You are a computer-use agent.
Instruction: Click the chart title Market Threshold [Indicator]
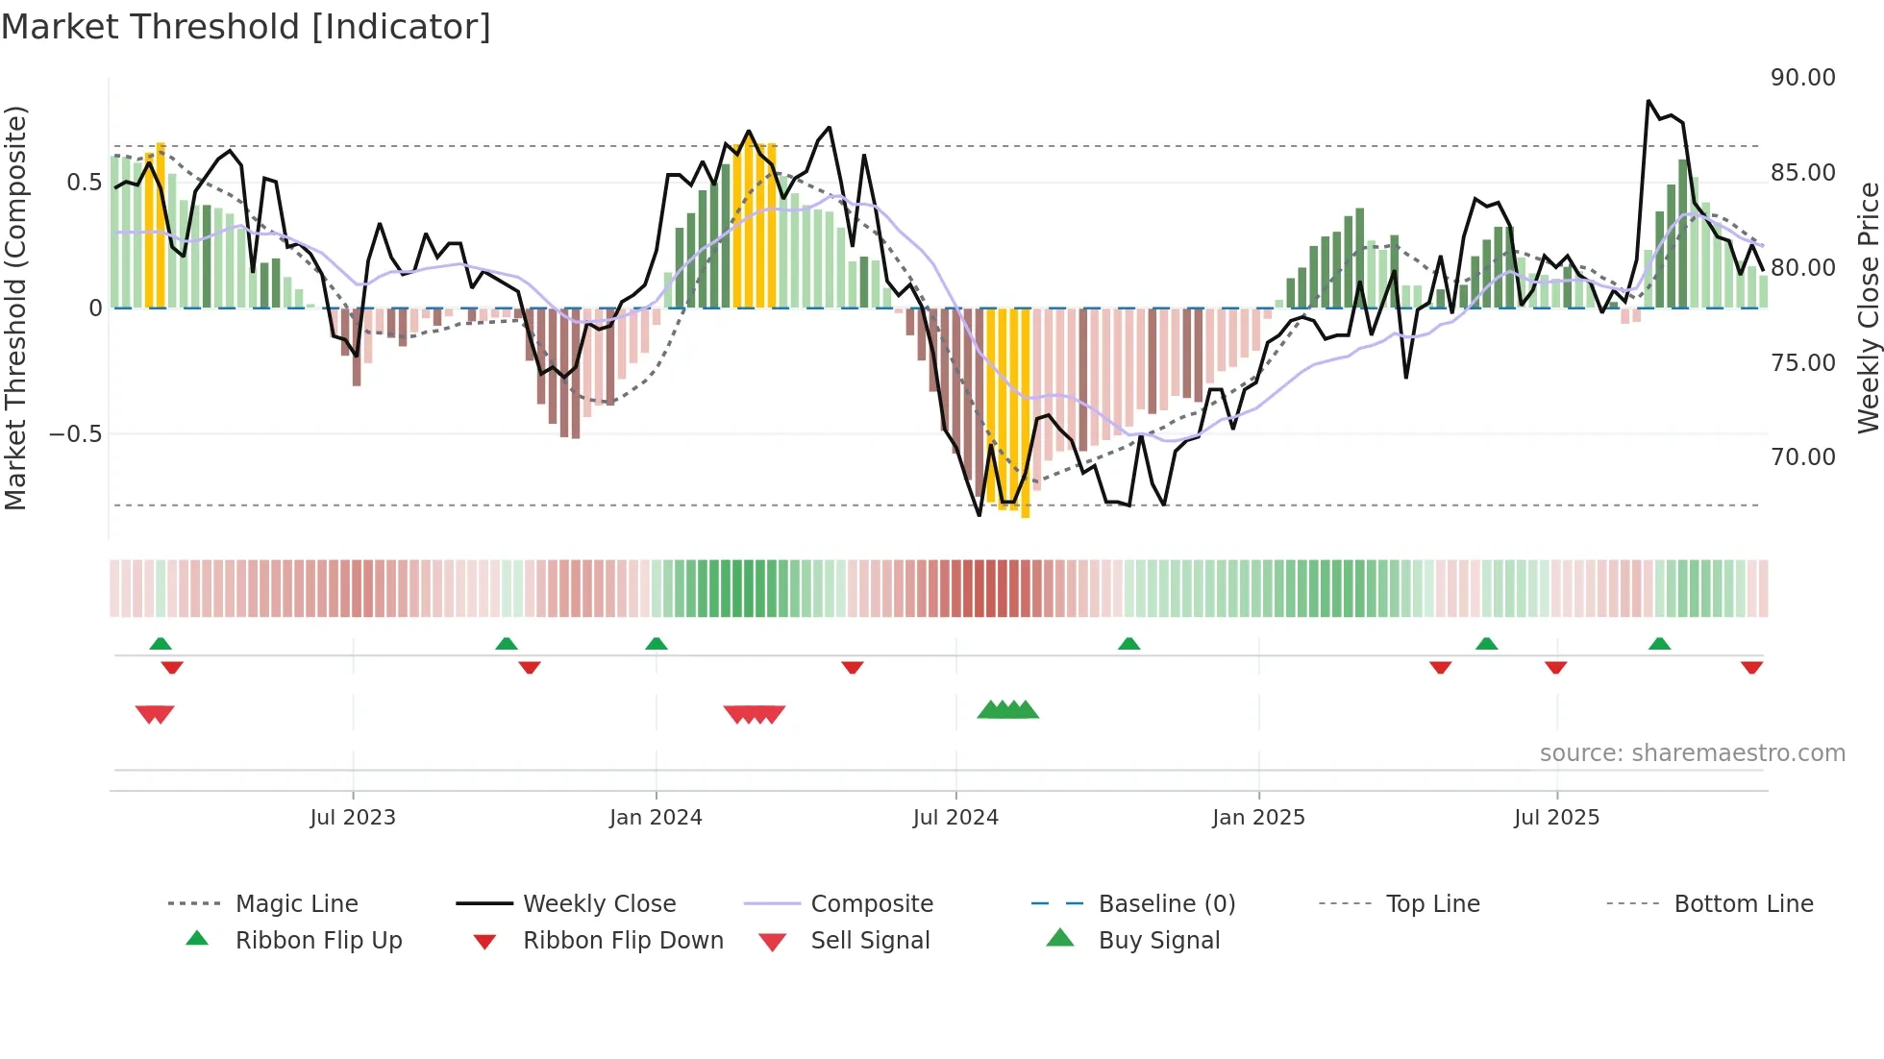[x=246, y=27]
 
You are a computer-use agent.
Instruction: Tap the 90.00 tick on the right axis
[x=1802, y=78]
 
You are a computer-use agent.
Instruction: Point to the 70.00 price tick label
[x=1802, y=457]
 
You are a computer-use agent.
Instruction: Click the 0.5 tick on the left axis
[x=84, y=183]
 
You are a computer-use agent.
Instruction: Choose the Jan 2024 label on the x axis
[x=656, y=818]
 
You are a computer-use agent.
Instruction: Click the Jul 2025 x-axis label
[x=1556, y=818]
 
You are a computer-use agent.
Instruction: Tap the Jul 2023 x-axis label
[x=353, y=818]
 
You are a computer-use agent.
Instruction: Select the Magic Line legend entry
[x=296, y=904]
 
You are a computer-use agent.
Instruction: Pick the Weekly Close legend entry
[x=599, y=904]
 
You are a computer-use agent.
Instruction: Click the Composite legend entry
[x=871, y=904]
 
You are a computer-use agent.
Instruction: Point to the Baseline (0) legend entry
[x=1166, y=904]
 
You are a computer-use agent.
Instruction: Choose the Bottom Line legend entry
[x=1743, y=904]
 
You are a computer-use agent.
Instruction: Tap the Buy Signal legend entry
[x=1158, y=941]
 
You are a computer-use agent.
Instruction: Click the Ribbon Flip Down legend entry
[x=622, y=941]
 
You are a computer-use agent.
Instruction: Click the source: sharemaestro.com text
[x=1692, y=753]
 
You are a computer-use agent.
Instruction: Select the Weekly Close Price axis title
[x=1868, y=308]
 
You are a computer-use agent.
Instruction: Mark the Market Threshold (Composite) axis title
[x=16, y=308]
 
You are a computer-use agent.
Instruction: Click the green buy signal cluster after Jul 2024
[x=1007, y=710]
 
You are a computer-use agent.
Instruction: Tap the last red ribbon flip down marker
[x=1751, y=667]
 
